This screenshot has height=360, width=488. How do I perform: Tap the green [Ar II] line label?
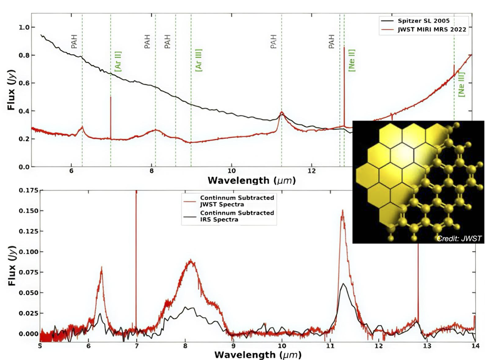pyautogui.click(x=118, y=60)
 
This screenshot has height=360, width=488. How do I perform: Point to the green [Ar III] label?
pyautogui.click(x=199, y=60)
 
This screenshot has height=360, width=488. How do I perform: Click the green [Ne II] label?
pyautogui.click(x=352, y=60)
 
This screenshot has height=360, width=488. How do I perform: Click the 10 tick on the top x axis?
pyautogui.click(x=231, y=172)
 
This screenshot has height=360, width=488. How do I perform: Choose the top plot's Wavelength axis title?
pyautogui.click(x=251, y=181)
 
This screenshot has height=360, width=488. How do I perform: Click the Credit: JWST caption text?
pyautogui.click(x=459, y=238)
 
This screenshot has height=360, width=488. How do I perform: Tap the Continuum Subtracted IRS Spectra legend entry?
pyautogui.click(x=237, y=217)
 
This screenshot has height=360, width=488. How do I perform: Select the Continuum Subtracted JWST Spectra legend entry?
pyautogui.click(x=237, y=200)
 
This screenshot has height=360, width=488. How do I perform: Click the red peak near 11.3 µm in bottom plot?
pyautogui.click(x=343, y=211)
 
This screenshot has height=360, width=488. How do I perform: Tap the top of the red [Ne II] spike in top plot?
pyautogui.click(x=344, y=47)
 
